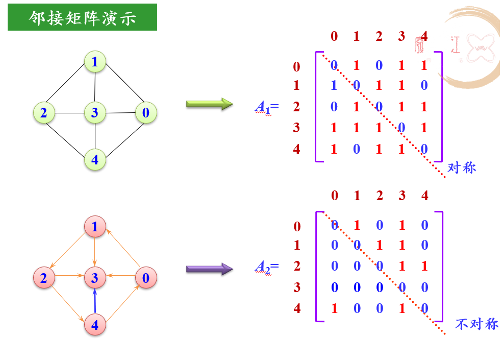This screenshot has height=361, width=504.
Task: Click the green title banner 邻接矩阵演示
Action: coord(82,17)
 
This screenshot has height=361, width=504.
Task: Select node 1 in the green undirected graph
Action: coord(95,61)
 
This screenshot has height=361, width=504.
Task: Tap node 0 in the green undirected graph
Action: coord(146,113)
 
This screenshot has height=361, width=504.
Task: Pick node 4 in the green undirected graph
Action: coord(95,160)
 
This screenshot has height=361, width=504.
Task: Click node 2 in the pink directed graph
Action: coord(44,278)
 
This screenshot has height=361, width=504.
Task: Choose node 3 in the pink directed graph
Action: coord(95,278)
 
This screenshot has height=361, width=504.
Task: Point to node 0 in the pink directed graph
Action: coord(146,278)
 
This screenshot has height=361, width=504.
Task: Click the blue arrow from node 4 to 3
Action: coord(95,301)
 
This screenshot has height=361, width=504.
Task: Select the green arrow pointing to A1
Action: coord(210,104)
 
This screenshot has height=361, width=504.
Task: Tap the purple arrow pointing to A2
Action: coord(210,269)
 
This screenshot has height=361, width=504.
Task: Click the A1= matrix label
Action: coord(267,107)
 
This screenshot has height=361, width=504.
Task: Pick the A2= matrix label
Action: coord(267,267)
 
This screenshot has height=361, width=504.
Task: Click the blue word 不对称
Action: coord(476,324)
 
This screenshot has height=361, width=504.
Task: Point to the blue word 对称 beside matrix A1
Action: coord(462,167)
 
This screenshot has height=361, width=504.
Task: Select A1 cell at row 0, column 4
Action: coord(424,65)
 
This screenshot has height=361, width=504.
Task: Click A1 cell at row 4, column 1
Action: coord(357,149)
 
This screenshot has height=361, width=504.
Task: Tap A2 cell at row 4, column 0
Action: coord(335,308)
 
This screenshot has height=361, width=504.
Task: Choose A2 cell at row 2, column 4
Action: coord(424,266)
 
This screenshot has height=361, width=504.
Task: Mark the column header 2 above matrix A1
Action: coord(379,36)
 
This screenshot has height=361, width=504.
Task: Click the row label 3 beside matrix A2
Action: coord(297,287)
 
